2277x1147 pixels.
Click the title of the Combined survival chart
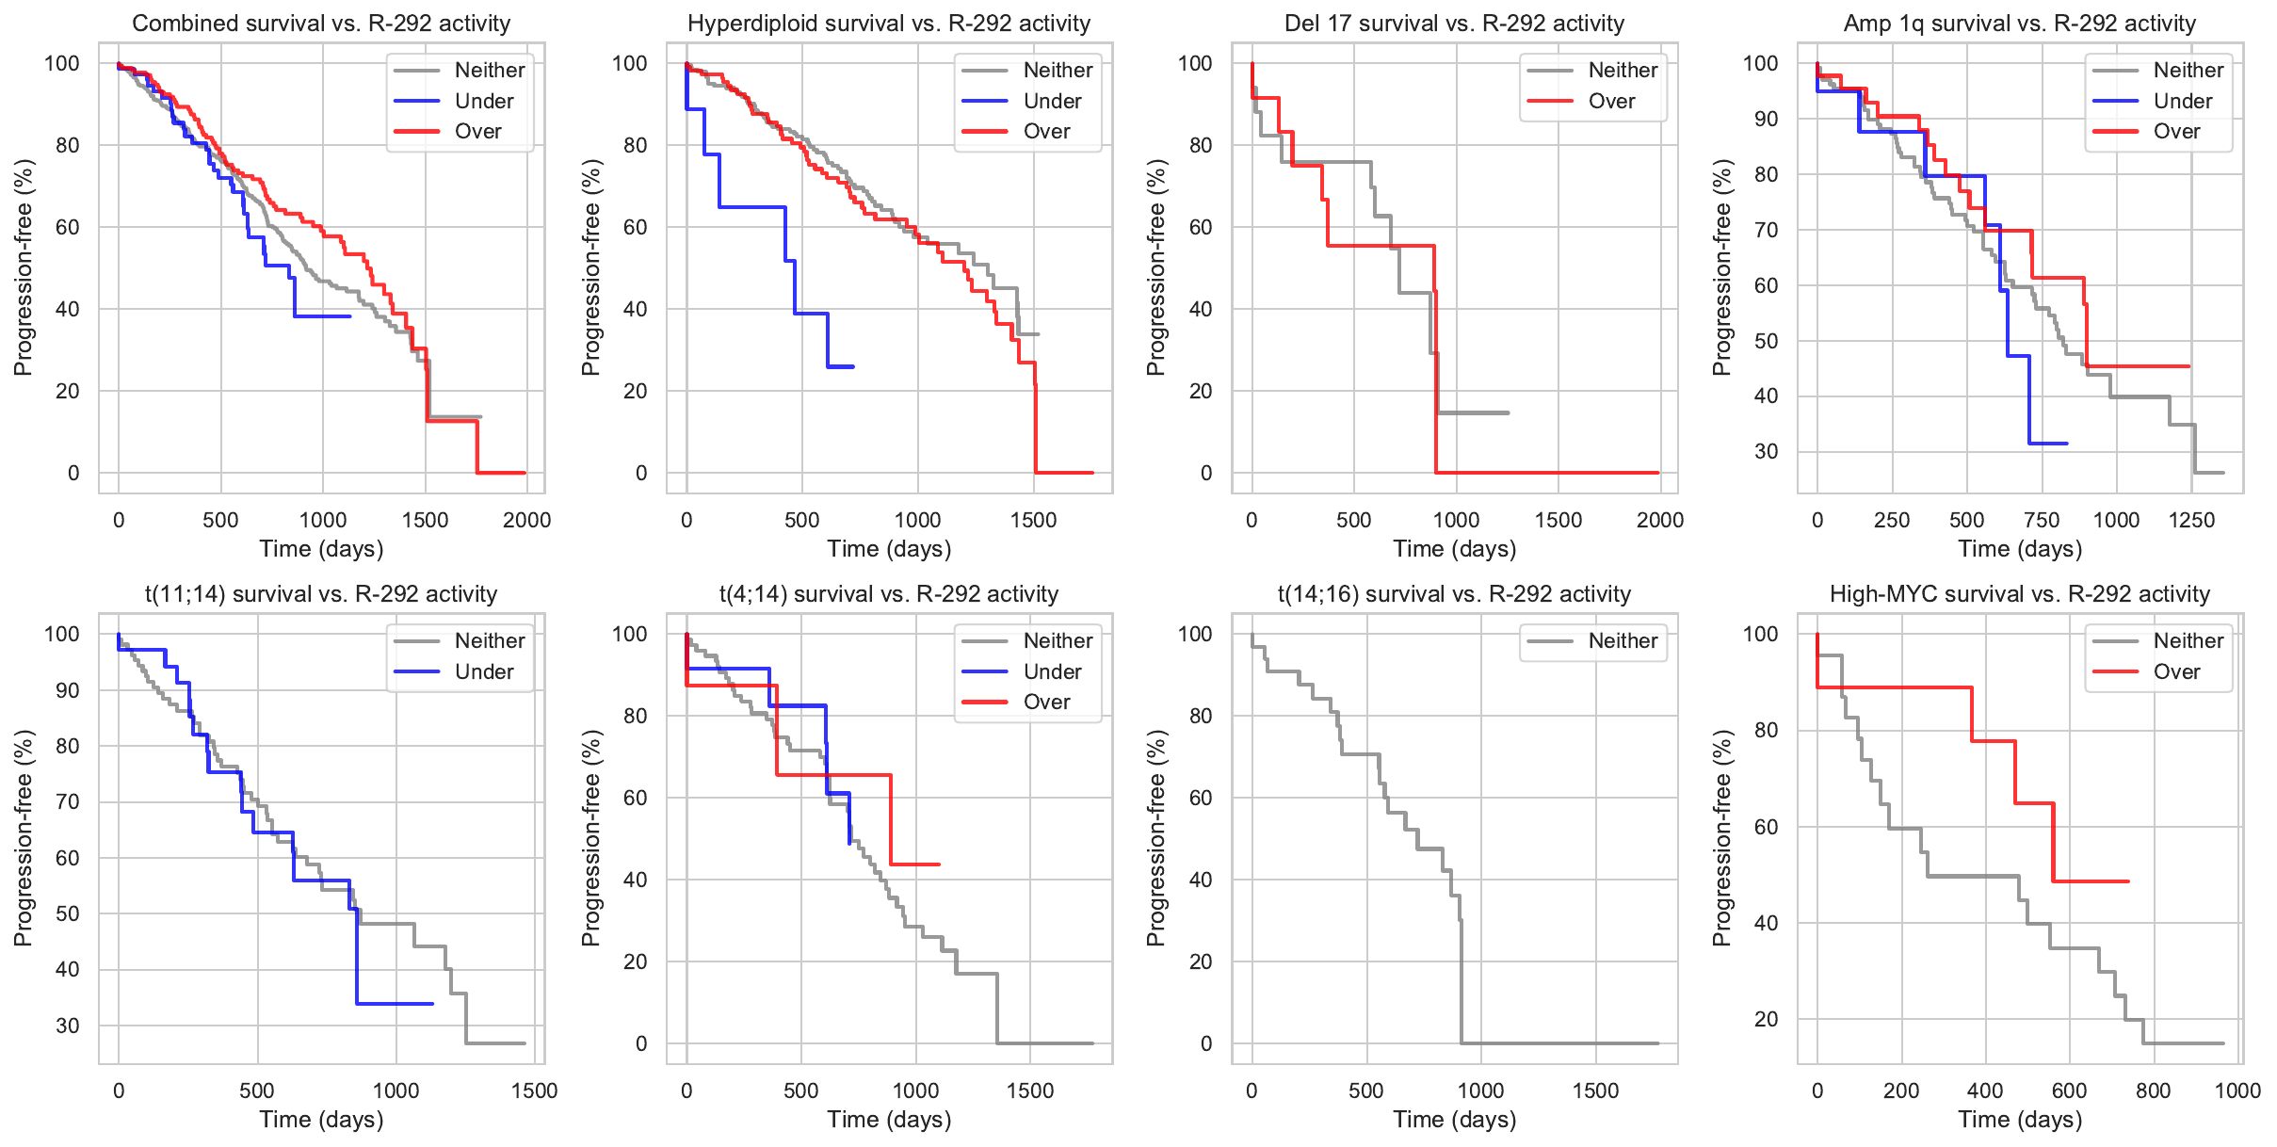click(321, 24)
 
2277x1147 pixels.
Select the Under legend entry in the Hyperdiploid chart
click(1052, 101)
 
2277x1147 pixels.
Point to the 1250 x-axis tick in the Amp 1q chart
click(2191, 520)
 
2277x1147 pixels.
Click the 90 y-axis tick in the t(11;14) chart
click(68, 690)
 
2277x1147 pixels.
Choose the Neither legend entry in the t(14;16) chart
click(1623, 641)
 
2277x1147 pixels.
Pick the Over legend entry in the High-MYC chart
click(2176, 671)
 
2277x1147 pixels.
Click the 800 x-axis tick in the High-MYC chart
click(2154, 1090)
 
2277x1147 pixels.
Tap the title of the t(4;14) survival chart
click(889, 594)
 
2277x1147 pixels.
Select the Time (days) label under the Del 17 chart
click(1455, 549)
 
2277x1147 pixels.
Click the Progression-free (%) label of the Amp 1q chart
click(1722, 267)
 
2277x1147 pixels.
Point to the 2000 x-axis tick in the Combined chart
click(526, 520)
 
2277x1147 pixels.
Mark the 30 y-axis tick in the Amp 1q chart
click(1766, 451)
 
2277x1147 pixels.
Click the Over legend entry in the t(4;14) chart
click(1046, 702)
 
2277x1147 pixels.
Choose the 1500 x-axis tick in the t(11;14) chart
click(534, 1090)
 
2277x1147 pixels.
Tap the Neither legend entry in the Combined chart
click(490, 71)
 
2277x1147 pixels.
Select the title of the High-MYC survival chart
click(2020, 594)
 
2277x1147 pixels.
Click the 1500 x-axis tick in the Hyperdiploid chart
click(1033, 520)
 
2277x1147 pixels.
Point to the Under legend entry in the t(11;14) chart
click(484, 671)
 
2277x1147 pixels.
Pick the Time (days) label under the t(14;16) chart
click(1455, 1120)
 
